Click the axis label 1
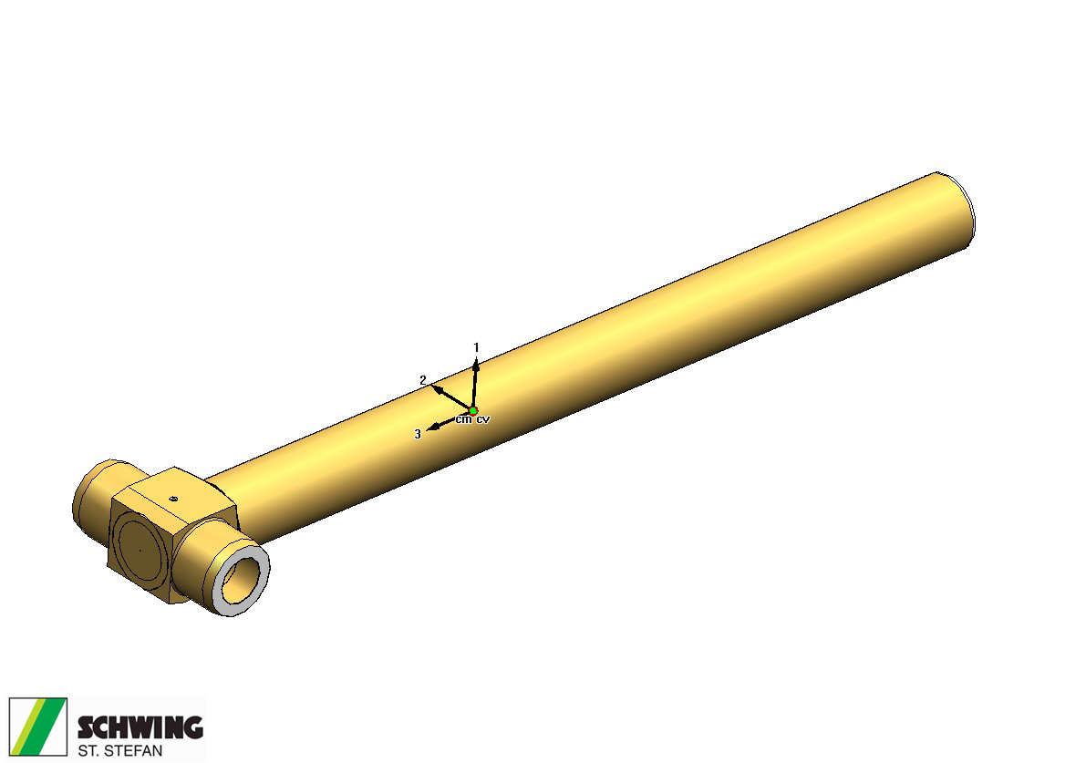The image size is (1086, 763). pyautogui.click(x=476, y=347)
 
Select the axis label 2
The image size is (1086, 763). pyautogui.click(x=423, y=380)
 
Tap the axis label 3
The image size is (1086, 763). pyautogui.click(x=417, y=434)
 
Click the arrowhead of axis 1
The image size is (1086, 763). pyautogui.click(x=476, y=365)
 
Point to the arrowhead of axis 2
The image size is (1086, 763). pyautogui.click(x=437, y=388)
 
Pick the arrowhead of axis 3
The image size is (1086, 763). pyautogui.click(x=431, y=428)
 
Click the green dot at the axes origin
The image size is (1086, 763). pyautogui.click(x=473, y=411)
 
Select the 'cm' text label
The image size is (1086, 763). pyautogui.click(x=463, y=419)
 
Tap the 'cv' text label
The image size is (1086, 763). pyautogui.click(x=482, y=419)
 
